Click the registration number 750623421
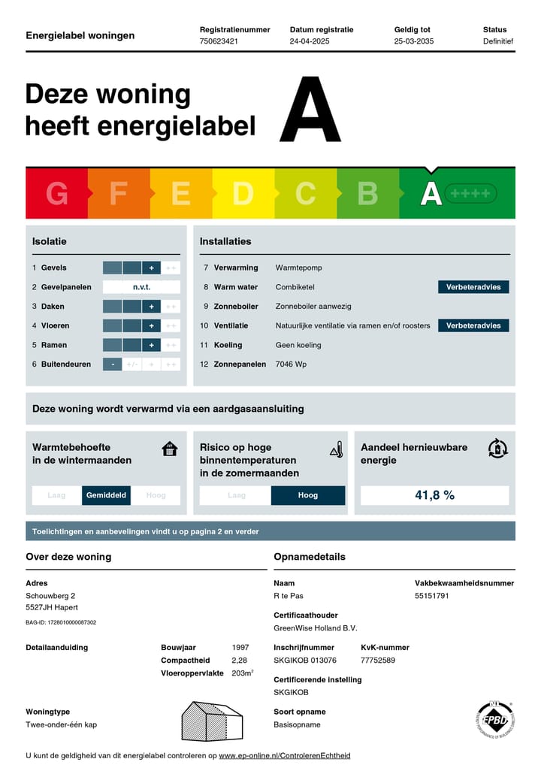coord(219,41)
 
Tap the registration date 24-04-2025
coord(310,41)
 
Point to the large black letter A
coord(310,110)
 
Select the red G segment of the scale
coord(57,194)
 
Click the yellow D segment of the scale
coord(243,194)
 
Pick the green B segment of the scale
coord(367,194)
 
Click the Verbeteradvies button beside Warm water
coord(473,287)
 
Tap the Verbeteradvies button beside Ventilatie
coord(473,326)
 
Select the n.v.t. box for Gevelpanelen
coord(141,287)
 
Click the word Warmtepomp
coord(298,268)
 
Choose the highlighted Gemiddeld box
coord(107,495)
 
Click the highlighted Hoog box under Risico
coord(308,495)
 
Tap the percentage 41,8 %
coord(434,495)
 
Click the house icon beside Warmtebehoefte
coord(170,449)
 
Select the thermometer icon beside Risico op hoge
coord(336,450)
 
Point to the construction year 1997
coord(241,648)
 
